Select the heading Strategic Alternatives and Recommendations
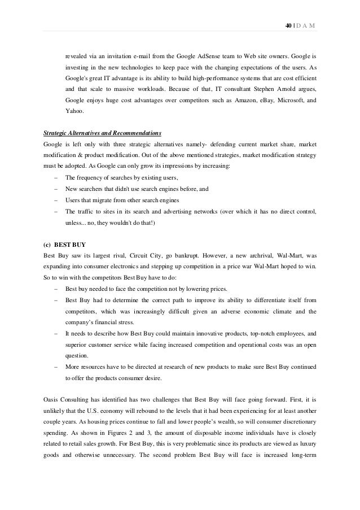point(102,133)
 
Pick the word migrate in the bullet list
point(99,200)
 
